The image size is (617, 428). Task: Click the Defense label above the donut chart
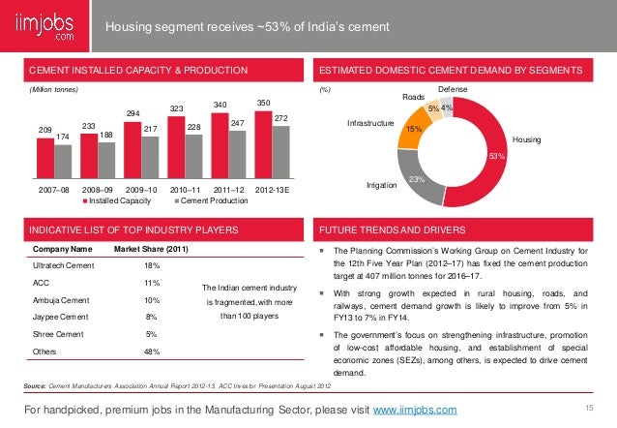click(452, 89)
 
